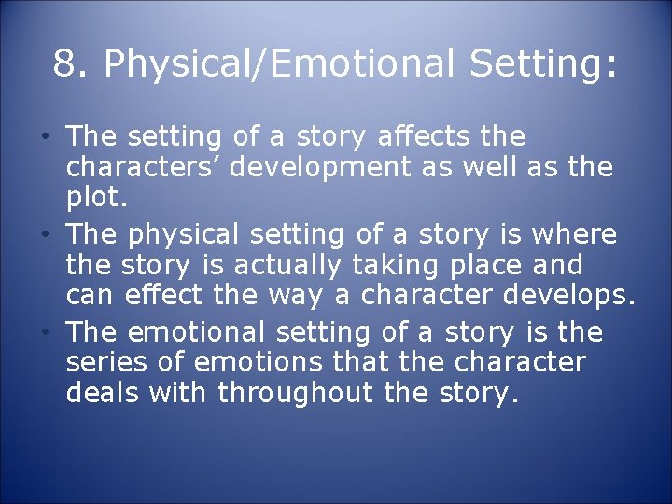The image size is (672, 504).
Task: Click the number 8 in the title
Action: pyautogui.click(x=64, y=64)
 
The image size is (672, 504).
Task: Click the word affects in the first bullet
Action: pyautogui.click(x=432, y=137)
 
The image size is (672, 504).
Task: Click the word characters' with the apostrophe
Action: pyautogui.click(x=147, y=168)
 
